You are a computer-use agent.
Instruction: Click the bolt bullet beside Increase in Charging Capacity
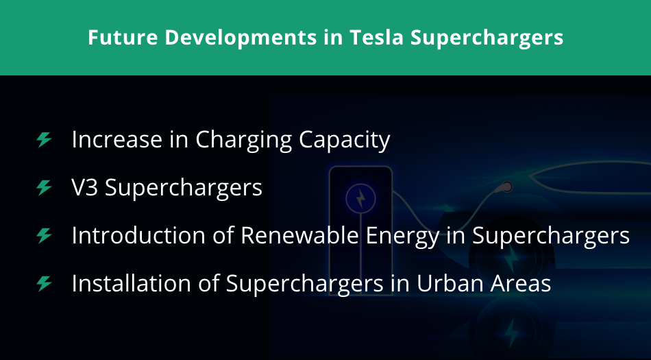click(44, 140)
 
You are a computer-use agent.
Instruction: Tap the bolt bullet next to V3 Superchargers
click(44, 187)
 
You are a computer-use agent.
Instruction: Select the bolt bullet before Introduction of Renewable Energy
click(44, 235)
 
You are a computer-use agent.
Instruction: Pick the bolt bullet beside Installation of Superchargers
click(44, 283)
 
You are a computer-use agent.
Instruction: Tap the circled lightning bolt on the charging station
click(360, 198)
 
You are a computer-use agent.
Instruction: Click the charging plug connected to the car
click(506, 185)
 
